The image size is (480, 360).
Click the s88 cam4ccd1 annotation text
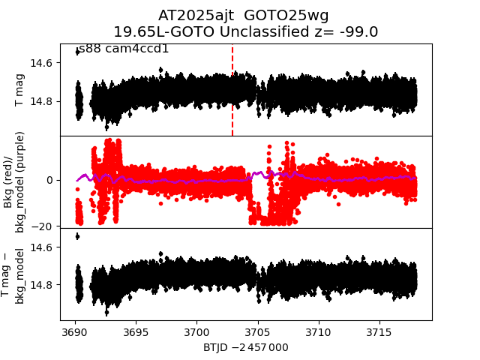pos(124,49)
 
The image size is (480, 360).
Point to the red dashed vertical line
pos(232,90)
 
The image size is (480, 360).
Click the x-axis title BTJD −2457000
pos(245,347)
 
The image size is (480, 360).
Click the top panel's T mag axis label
pos(20,90)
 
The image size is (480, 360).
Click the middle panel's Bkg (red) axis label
pos(20,181)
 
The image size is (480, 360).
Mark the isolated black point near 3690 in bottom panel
pos(77,236)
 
